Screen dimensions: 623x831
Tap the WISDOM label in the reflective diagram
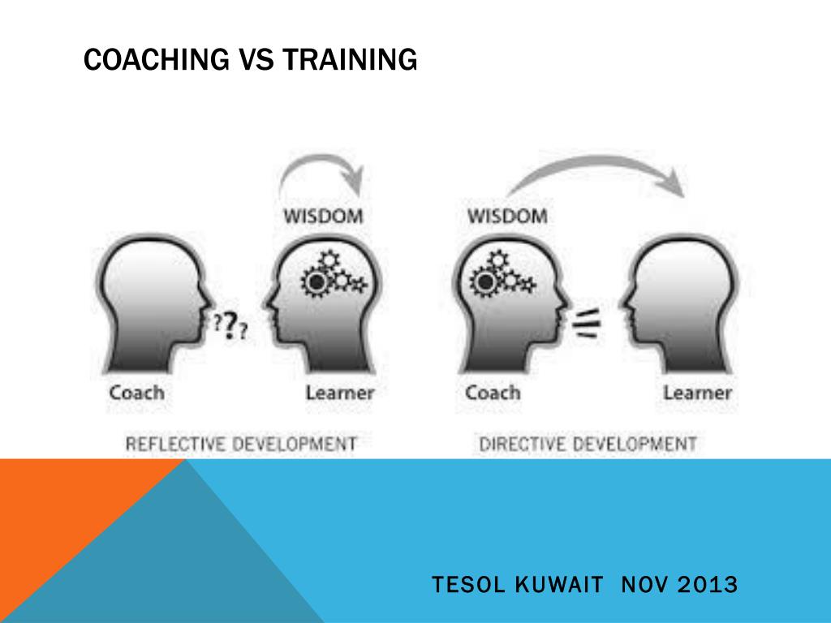pos(322,217)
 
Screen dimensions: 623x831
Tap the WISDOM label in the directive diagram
pos(506,217)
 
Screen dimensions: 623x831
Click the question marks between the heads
pos(231,325)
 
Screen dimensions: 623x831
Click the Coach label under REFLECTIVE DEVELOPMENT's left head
pos(136,393)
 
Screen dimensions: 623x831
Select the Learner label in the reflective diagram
pos(340,393)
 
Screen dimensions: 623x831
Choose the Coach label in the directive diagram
pos(493,393)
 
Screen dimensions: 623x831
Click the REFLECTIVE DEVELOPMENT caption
pos(240,444)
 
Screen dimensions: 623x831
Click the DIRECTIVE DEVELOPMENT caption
pos(588,444)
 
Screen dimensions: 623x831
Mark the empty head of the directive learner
pos(690,300)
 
